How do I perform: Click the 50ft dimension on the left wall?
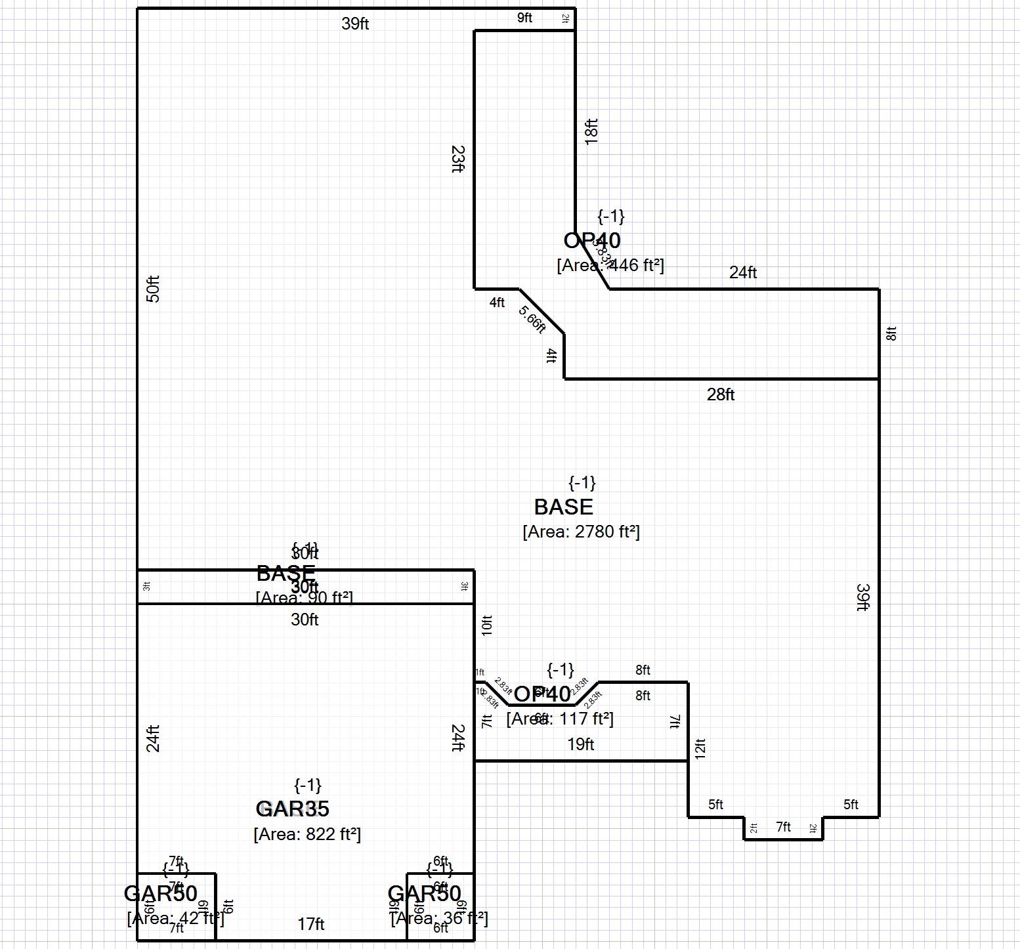[153, 289]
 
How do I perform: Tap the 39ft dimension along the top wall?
[355, 24]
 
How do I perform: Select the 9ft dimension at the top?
[524, 18]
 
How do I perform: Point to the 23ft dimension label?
[458, 159]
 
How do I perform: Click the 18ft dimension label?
[591, 131]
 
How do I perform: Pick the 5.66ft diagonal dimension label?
[532, 320]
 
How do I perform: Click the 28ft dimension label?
[720, 394]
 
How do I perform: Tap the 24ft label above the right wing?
[743, 272]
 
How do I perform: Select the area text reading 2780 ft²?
[581, 532]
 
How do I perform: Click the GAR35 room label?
[292, 809]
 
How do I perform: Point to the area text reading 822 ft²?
[307, 834]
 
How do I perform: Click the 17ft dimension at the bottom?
[311, 924]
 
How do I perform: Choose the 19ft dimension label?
[580, 744]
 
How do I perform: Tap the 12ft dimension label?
[700, 749]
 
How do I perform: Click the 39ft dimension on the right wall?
[862, 597]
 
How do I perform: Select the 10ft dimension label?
[486, 625]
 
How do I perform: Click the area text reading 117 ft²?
[560, 719]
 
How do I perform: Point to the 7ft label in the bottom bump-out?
[783, 827]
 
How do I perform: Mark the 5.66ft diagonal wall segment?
[542, 311]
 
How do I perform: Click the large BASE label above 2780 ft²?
[563, 507]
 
